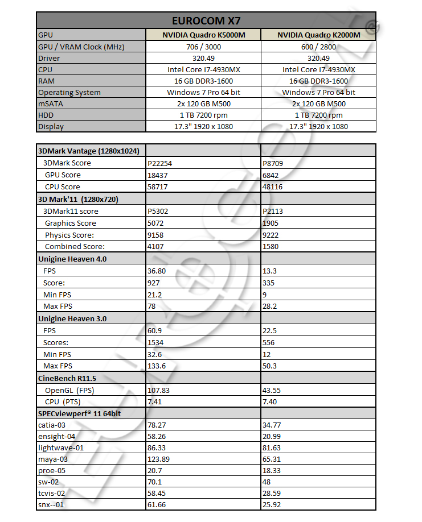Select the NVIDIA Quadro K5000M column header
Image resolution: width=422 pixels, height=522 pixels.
(x=204, y=35)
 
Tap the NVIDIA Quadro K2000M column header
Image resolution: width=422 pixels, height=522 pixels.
(x=318, y=35)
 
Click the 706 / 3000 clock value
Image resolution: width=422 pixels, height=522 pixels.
(x=204, y=47)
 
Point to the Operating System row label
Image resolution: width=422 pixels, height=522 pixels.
(x=69, y=92)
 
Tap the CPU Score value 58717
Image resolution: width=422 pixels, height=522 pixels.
(x=159, y=187)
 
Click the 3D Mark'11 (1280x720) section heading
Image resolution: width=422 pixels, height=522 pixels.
(x=77, y=199)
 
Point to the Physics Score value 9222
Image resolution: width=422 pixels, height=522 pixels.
(x=271, y=235)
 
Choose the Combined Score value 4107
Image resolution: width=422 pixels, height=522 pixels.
(x=157, y=247)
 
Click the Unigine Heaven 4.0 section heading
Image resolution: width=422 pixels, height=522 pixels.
(x=72, y=259)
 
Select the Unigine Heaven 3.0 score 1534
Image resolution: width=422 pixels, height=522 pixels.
(x=157, y=342)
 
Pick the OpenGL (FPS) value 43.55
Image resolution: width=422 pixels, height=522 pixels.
(x=273, y=390)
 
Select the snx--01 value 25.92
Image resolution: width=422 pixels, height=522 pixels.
(x=273, y=504)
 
